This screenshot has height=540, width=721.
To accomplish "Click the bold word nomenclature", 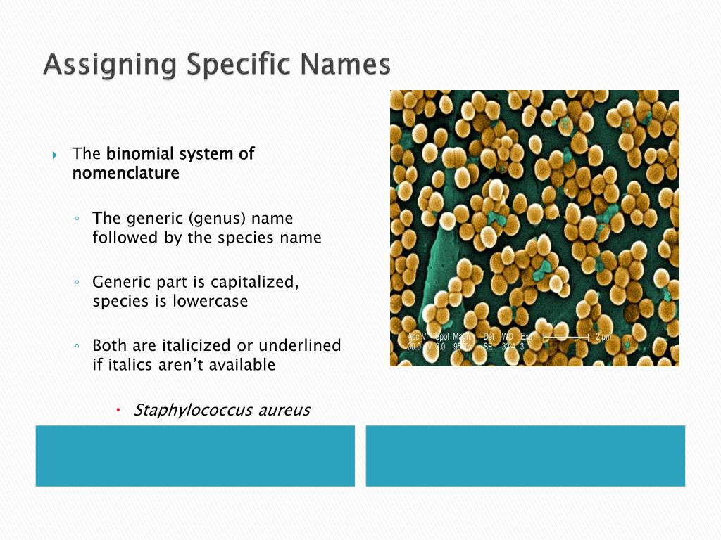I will click(125, 173).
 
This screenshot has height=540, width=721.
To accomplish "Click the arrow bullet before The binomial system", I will click(55, 154).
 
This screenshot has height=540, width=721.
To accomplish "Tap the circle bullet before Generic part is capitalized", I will click(77, 282).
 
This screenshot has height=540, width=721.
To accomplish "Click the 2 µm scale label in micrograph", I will click(603, 337).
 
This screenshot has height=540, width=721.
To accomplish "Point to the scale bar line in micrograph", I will click(567, 338).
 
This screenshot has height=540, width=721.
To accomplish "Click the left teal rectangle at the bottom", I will click(195, 456).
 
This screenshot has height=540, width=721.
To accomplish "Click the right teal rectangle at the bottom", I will click(525, 456).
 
